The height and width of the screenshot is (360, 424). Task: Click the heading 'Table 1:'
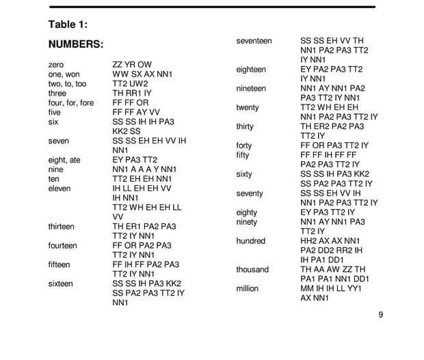coord(68,25)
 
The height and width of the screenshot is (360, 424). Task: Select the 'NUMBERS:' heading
coord(75,44)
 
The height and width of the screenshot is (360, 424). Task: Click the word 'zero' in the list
coord(56,64)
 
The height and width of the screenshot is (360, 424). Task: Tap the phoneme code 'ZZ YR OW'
coord(132,64)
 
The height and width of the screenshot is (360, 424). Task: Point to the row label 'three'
coord(57,93)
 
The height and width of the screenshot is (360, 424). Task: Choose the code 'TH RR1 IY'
coord(132,93)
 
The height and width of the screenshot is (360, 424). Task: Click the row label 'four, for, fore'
coord(71,102)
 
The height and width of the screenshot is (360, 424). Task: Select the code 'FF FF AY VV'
coord(136,112)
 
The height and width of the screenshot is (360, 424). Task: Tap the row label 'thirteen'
coord(62,226)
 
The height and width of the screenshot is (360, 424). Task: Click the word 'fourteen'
coord(63,245)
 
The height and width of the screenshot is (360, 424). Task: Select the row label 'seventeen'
coord(254,41)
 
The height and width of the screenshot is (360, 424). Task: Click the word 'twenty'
coord(248,107)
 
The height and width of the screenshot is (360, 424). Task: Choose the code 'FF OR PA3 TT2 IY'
coord(334,146)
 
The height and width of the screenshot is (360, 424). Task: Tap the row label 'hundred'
coord(251,241)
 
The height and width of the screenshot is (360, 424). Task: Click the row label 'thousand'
coord(252,269)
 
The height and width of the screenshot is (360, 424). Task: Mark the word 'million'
coord(248,288)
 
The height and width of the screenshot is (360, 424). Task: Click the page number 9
coord(380,315)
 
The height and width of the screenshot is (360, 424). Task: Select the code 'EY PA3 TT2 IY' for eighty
coord(328,212)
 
